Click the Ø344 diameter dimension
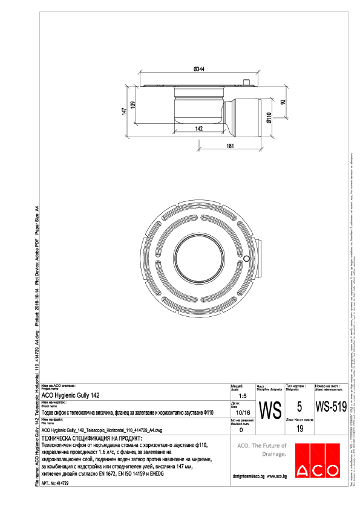click(x=198, y=70)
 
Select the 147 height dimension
click(x=124, y=111)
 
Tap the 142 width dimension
click(x=198, y=128)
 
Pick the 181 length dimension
click(x=230, y=146)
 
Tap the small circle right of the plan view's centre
click(x=247, y=259)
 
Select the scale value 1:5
click(x=241, y=395)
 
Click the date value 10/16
click(x=241, y=412)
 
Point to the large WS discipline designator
click(x=269, y=410)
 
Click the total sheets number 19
click(x=299, y=429)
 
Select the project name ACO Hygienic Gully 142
click(x=71, y=395)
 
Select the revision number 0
click(x=241, y=430)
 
